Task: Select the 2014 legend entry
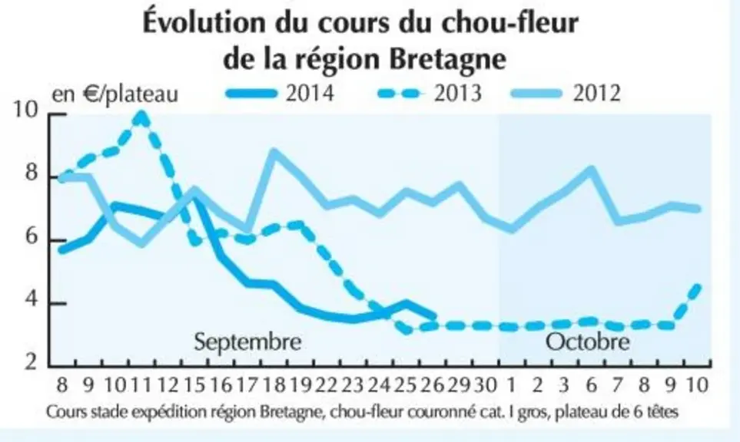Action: click(x=280, y=93)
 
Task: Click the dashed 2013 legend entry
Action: click(x=430, y=93)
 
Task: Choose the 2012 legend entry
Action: click(x=566, y=93)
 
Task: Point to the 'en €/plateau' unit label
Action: click(x=114, y=94)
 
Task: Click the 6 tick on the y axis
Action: click(x=32, y=236)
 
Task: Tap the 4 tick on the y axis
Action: click(x=32, y=300)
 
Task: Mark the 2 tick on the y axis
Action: click(x=32, y=362)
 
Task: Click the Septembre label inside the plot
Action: click(x=247, y=341)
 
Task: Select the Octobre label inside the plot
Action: click(x=588, y=341)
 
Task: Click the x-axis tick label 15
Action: click(x=194, y=385)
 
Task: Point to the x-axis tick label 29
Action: click(x=460, y=385)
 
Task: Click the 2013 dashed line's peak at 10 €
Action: click(x=141, y=114)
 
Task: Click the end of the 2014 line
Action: click(x=433, y=315)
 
